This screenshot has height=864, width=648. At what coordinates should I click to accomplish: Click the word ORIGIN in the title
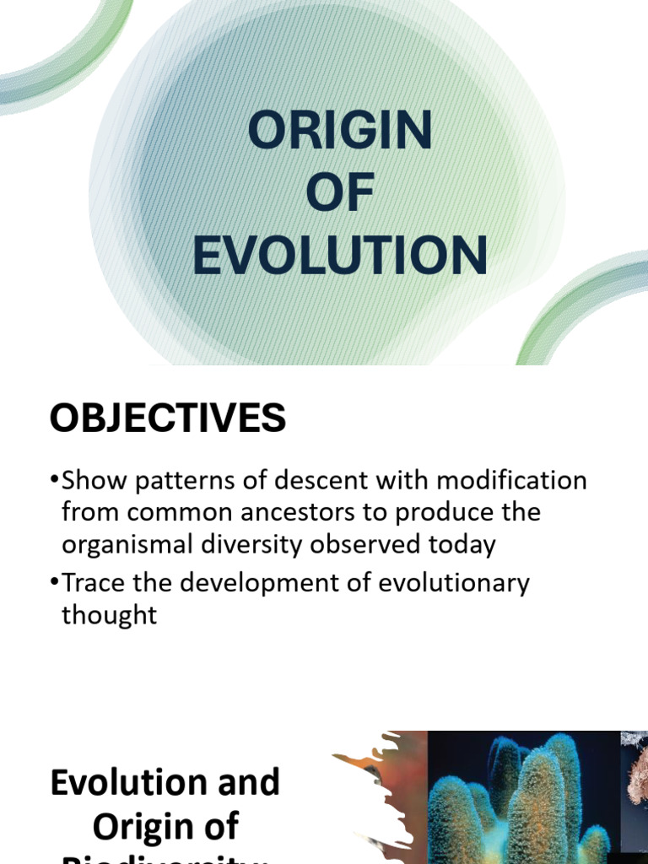(x=340, y=132)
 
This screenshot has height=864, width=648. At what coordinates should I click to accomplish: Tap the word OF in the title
(x=340, y=193)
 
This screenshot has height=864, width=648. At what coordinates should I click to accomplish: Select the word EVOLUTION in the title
(x=340, y=256)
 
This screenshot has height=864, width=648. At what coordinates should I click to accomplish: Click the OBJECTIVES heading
(x=168, y=418)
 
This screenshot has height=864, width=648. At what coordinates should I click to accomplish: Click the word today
(x=466, y=544)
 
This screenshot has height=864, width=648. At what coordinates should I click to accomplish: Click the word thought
(x=110, y=614)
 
